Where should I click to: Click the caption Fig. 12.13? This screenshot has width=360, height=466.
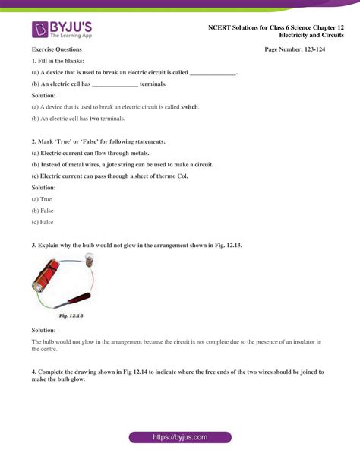pyautogui.click(x=71, y=315)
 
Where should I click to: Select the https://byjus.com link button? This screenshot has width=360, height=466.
pyautogui.click(x=179, y=438)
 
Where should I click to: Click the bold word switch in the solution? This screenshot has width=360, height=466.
pyautogui.click(x=189, y=107)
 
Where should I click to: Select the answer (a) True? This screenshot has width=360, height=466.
pyautogui.click(x=42, y=198)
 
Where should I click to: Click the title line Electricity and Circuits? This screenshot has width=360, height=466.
pyautogui.click(x=311, y=35)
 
